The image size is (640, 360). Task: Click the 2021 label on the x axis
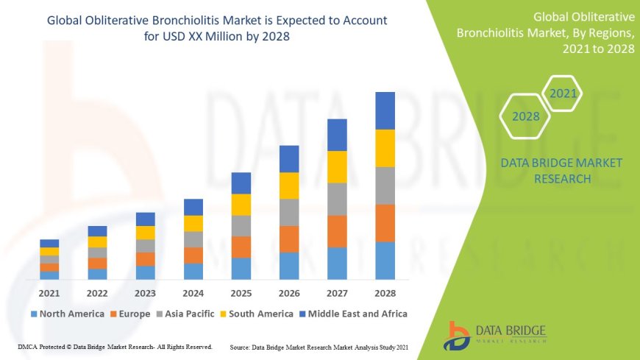(49, 292)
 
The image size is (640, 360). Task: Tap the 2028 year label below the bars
(385, 292)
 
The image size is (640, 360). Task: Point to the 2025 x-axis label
(241, 292)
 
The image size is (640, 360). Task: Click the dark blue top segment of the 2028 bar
(385, 110)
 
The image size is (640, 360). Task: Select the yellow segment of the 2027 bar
(337, 166)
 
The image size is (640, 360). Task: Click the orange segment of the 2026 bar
(289, 239)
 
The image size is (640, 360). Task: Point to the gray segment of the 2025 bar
(241, 225)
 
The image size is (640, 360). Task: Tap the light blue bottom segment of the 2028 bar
(385, 261)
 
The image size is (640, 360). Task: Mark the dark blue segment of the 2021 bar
(49, 243)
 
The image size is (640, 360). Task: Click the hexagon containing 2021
(563, 93)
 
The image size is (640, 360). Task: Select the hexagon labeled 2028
(526, 116)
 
